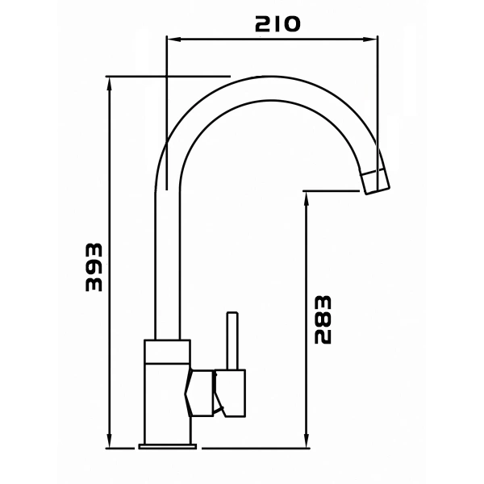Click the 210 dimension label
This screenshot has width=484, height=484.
pyautogui.click(x=277, y=24)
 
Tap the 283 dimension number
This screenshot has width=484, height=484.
pyautogui.click(x=323, y=319)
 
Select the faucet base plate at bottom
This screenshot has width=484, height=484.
pyautogui.click(x=168, y=444)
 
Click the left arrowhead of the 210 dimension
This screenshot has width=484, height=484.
pyautogui.click(x=170, y=37)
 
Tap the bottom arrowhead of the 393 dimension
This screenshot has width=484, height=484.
pyautogui.click(x=110, y=443)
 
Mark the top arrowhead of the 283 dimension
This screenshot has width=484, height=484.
pyautogui.click(x=307, y=196)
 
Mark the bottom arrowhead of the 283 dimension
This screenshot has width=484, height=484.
pyautogui.click(x=307, y=443)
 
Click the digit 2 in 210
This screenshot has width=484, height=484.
pyautogui.click(x=262, y=24)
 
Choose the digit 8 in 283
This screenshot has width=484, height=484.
pyautogui.click(x=323, y=319)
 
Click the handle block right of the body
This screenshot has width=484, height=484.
pyautogui.click(x=231, y=393)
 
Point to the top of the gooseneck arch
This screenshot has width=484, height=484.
pyautogui.click(x=266, y=87)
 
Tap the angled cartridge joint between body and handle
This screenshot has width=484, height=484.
pyautogui.click(x=202, y=394)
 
